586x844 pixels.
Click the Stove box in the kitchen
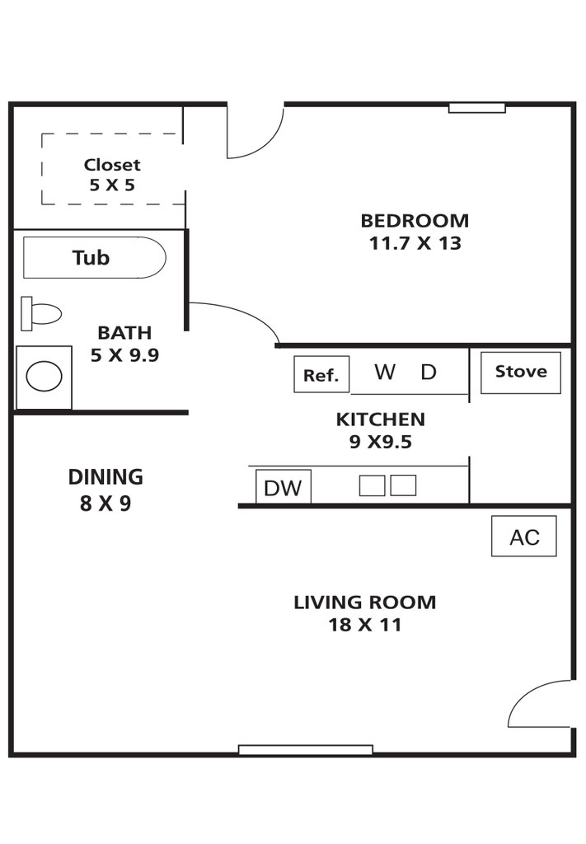[520, 373]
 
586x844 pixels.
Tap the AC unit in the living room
[523, 536]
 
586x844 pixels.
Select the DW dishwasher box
[283, 486]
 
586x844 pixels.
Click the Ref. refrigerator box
[321, 374]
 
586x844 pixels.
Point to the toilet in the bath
[41, 313]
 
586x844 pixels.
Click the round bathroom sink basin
[45, 376]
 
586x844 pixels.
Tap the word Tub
[91, 258]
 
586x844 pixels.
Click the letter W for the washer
[385, 372]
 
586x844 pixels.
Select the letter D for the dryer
[429, 372]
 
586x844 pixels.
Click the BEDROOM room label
[415, 221]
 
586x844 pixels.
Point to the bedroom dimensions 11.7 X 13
[415, 243]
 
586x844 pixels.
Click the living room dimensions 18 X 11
[365, 625]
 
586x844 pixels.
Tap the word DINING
[105, 477]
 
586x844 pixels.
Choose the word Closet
[112, 165]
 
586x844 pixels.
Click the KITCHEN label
[381, 420]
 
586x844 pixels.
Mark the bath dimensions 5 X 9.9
[124, 355]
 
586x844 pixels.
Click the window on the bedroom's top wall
[477, 108]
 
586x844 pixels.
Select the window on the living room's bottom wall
[306, 750]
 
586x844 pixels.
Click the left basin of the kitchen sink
[372, 485]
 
